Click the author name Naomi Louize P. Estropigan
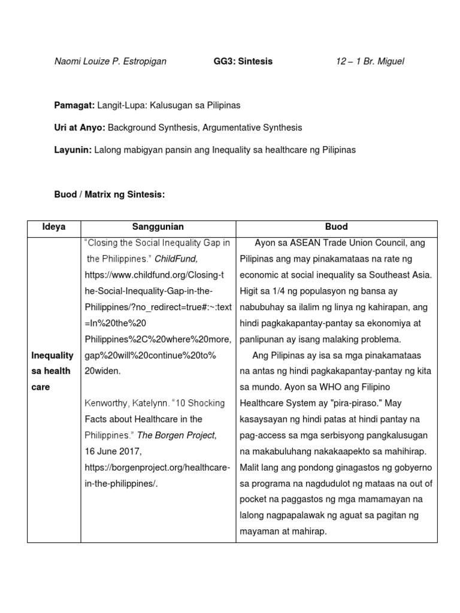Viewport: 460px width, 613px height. (x=110, y=61)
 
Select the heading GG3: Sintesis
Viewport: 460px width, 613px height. (x=243, y=61)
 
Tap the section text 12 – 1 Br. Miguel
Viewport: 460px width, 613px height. (x=370, y=61)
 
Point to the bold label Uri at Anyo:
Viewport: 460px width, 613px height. (x=80, y=128)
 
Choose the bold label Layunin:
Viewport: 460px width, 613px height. (x=72, y=150)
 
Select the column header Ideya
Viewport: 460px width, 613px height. (x=53, y=227)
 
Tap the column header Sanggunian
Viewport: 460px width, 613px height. (x=158, y=227)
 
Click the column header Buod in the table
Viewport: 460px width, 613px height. (x=337, y=227)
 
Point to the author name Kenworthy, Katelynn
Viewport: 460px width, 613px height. (x=124, y=403)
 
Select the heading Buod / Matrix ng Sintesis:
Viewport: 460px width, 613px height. (x=109, y=194)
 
